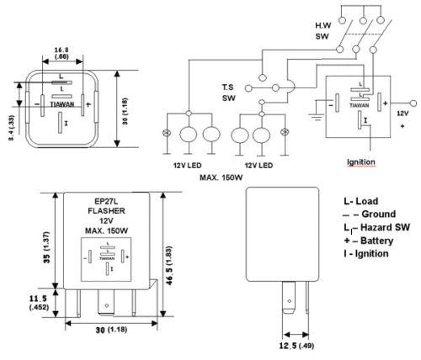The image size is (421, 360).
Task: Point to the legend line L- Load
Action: pyautogui.click(x=362, y=203)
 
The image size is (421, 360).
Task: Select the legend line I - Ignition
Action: pyautogui.click(x=365, y=253)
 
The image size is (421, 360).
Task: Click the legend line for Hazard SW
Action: pyautogui.click(x=370, y=228)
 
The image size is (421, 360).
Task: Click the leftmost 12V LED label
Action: pyautogui.click(x=191, y=164)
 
